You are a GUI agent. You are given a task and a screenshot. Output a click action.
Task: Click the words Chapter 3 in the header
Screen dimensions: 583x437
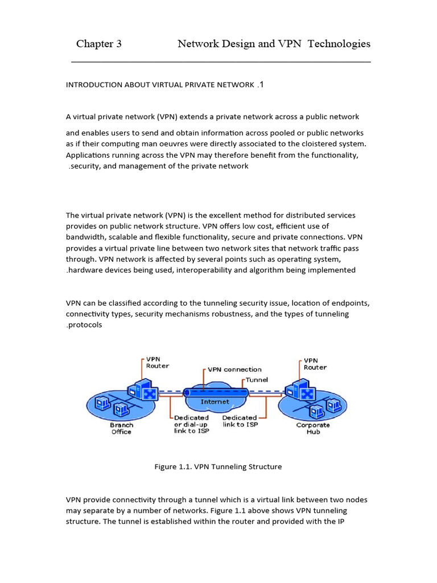coord(99,44)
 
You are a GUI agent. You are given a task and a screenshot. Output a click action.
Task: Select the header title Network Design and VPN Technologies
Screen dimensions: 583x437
coord(274,44)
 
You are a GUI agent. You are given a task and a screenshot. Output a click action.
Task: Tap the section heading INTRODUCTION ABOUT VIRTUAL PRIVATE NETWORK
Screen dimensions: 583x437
coord(160,85)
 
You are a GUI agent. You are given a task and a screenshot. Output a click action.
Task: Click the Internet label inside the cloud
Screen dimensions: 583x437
coord(215,401)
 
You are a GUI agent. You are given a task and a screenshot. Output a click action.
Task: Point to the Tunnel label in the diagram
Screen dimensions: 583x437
coord(257,380)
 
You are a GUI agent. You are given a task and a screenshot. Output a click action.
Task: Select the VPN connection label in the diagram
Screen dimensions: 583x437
coord(234,369)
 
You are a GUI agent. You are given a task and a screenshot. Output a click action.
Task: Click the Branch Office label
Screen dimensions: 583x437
coord(121,428)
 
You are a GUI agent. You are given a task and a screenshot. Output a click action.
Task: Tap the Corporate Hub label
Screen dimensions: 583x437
coord(313,428)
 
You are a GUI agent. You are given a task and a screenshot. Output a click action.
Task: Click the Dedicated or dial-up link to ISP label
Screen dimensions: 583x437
coord(191,424)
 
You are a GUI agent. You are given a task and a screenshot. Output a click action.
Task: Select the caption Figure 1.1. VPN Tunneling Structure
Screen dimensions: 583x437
coord(218,467)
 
